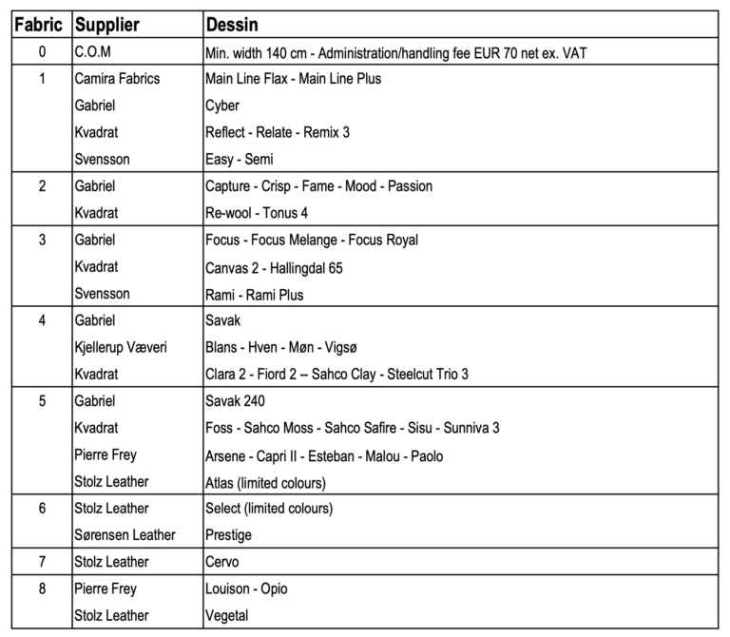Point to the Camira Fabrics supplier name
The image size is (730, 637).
(117, 79)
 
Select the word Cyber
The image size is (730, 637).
(222, 106)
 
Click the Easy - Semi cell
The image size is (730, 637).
(239, 159)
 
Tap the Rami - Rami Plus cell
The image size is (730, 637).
(255, 295)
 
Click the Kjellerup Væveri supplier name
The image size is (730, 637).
(121, 348)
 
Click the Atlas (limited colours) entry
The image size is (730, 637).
(266, 482)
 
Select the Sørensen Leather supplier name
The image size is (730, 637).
(125, 535)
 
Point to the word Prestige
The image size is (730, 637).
(228, 535)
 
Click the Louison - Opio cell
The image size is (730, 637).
(246, 589)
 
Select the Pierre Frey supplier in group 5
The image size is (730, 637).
(105, 455)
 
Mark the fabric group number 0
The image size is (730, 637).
(41, 52)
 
